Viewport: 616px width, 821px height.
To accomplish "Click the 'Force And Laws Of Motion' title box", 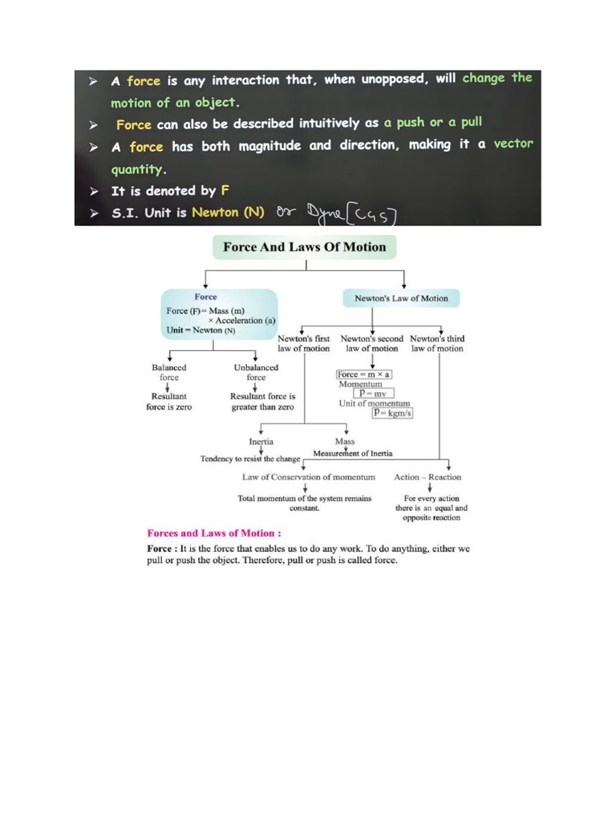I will (304, 247).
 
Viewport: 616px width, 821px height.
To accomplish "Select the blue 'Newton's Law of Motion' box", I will (401, 298).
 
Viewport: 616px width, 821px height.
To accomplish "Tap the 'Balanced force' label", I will (169, 372).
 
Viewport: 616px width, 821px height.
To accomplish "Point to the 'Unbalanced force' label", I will (256, 372).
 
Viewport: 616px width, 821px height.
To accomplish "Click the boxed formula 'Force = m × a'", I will (364, 374).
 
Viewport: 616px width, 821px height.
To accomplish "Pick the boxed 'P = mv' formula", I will (374, 394).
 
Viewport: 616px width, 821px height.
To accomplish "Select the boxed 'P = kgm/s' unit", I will (392, 413).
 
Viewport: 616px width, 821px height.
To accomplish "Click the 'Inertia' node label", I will (261, 442).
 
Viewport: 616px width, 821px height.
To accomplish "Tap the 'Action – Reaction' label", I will (428, 477).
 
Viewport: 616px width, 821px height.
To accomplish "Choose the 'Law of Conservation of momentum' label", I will (309, 477).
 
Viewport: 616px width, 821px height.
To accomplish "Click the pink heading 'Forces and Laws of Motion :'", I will (214, 532).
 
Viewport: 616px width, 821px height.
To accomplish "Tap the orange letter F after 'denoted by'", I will (225, 191).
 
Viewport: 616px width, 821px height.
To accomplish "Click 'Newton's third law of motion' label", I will (437, 343).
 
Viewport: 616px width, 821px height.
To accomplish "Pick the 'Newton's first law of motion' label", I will (304, 343).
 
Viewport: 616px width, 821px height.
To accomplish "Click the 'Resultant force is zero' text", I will (169, 401).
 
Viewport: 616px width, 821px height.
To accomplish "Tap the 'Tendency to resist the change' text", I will (250, 459).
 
